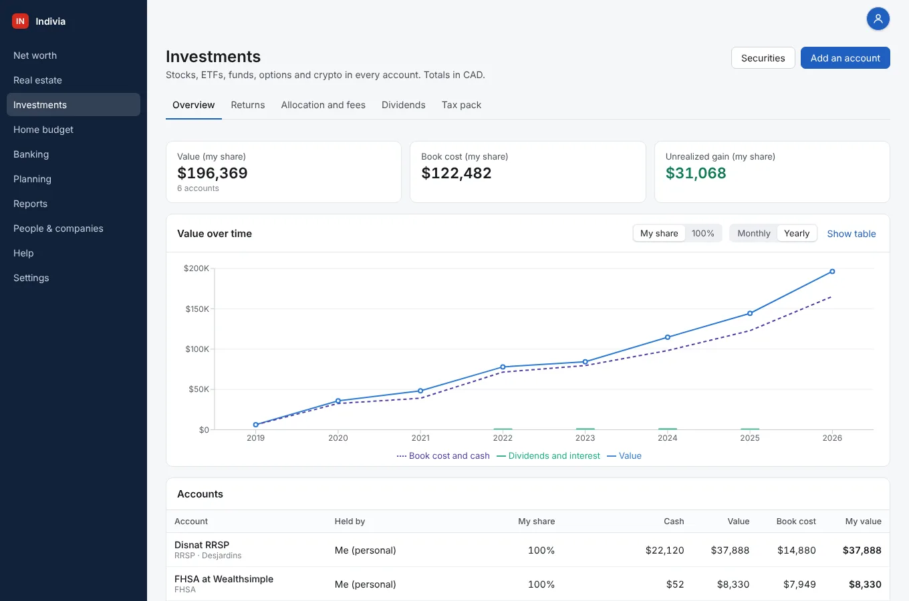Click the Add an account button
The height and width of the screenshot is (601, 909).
click(x=846, y=58)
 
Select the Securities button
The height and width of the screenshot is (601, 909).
click(x=763, y=58)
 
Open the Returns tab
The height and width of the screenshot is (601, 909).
click(x=247, y=105)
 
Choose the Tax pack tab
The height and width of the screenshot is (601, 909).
click(x=461, y=105)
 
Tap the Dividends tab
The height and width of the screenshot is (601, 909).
click(x=404, y=105)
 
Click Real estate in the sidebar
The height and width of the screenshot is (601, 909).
click(x=37, y=80)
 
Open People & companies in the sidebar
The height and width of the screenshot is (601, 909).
click(x=58, y=228)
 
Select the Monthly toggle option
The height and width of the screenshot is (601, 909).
click(x=753, y=234)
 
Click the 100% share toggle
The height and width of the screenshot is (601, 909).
click(x=703, y=234)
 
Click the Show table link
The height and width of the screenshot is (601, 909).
click(x=852, y=234)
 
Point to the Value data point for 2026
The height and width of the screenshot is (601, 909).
click(x=832, y=272)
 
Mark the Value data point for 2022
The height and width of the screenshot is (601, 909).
click(x=503, y=367)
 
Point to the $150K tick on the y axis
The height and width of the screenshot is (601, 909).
click(x=197, y=309)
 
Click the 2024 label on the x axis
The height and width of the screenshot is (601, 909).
click(x=668, y=438)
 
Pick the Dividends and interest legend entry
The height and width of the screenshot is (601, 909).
click(x=548, y=456)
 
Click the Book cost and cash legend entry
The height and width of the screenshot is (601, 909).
click(x=443, y=456)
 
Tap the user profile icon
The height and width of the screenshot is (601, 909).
click(x=878, y=19)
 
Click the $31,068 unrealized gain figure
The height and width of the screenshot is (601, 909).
click(x=696, y=173)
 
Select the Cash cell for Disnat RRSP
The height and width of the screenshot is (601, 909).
click(x=664, y=550)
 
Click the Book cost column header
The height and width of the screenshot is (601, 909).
click(x=796, y=522)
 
